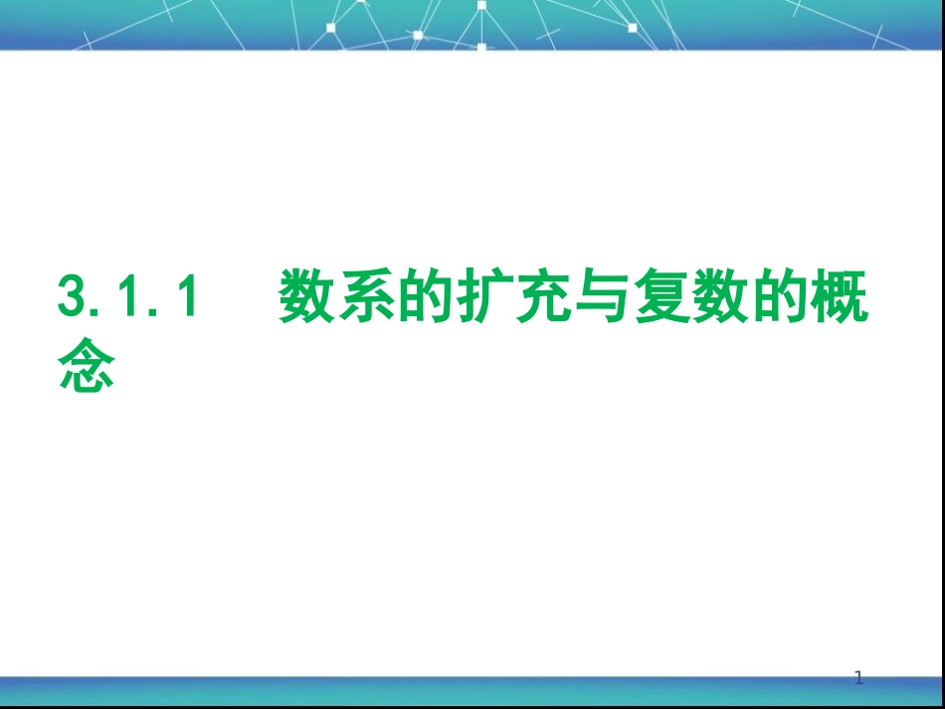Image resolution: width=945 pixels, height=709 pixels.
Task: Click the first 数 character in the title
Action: [x=304, y=297]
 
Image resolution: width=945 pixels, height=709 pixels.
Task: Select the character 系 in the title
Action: [x=361, y=297]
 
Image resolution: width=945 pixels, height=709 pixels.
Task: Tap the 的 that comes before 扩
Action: [x=418, y=297]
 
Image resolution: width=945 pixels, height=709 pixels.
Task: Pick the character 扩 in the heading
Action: [x=474, y=297]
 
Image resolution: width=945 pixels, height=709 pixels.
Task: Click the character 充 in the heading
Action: [x=531, y=297]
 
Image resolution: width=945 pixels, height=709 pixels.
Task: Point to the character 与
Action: [x=588, y=297]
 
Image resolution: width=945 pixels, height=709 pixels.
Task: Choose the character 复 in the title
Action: [x=645, y=297]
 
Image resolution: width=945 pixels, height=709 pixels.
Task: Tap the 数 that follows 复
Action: [x=701, y=297]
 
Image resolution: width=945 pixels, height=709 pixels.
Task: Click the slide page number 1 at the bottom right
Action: [x=859, y=679]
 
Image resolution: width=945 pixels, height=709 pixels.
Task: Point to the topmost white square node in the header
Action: [x=481, y=5]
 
